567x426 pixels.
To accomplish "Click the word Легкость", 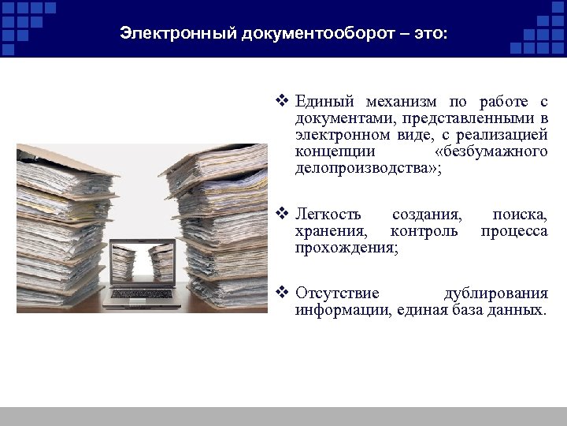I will (x=328, y=215).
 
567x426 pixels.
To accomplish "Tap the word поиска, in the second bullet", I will (x=520, y=215).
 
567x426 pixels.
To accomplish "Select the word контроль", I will (x=424, y=231).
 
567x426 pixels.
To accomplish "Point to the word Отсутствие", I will (x=337, y=293).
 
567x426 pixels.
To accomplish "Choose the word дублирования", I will (x=495, y=293).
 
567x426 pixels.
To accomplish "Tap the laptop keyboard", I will (x=143, y=295).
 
